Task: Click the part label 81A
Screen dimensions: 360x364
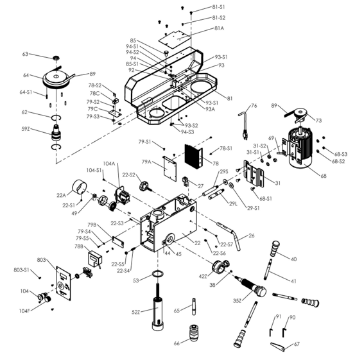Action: [x=220, y=28]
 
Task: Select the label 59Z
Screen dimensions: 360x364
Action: [x=26, y=129]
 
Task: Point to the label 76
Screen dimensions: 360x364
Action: [x=254, y=105]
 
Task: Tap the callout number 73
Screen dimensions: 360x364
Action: [x=319, y=120]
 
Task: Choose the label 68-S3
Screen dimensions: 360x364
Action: [x=340, y=154]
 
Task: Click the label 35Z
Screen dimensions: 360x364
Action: [x=238, y=299]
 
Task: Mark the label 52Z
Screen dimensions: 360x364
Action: [x=136, y=312]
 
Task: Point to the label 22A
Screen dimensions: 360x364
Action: [x=62, y=195]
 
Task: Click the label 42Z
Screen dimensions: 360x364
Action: [x=204, y=276]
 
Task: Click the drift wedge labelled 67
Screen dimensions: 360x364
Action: [x=277, y=347]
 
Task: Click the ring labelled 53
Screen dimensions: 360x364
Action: [x=157, y=276]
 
